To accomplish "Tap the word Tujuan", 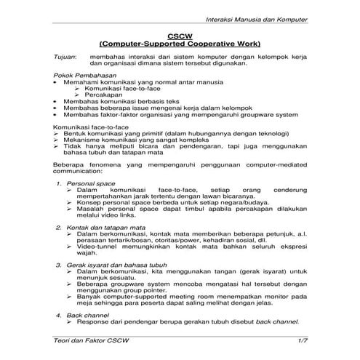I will (x=65, y=56).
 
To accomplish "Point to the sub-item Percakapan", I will (x=103, y=95).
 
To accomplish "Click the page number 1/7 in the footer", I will (x=303, y=341).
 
